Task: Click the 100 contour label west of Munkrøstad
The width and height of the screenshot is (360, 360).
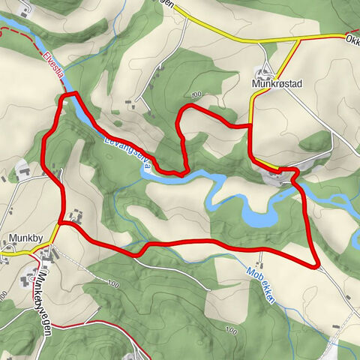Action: (196, 94)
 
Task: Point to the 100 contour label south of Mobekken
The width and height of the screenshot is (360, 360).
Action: (229, 330)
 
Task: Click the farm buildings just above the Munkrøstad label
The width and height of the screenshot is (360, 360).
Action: (264, 73)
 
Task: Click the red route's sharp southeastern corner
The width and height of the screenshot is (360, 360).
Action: (317, 265)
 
